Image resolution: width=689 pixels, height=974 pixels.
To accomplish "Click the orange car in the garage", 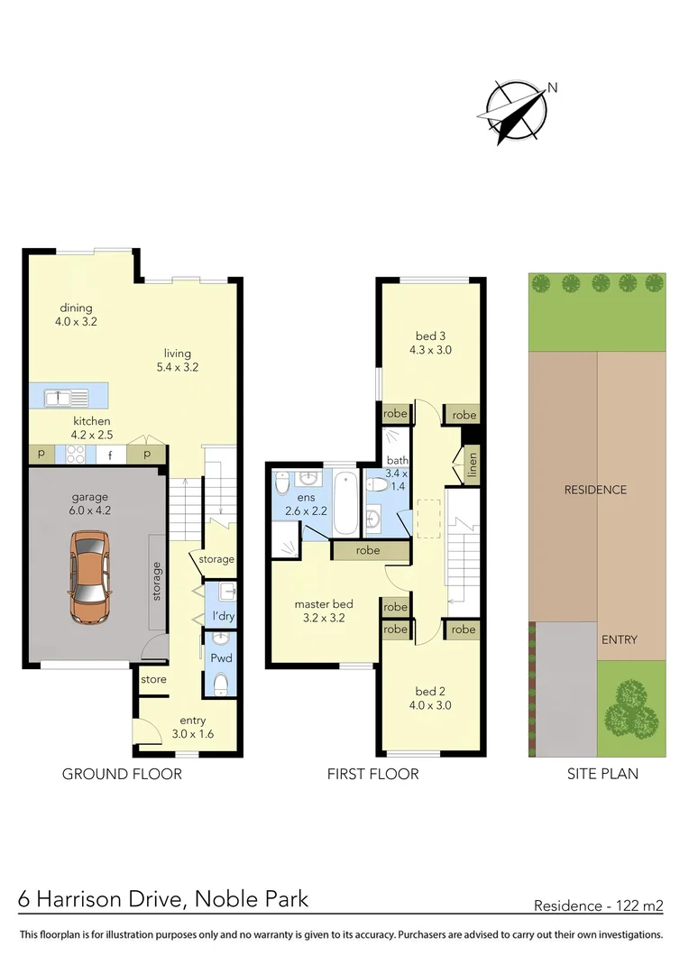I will pyautogui.click(x=89, y=577).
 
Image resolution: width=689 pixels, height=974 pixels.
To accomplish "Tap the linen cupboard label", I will pyautogui.click(x=472, y=466).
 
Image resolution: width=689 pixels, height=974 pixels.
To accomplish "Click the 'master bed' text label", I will pyautogui.click(x=324, y=604).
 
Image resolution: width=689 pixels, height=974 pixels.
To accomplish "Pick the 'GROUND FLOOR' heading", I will pyautogui.click(x=122, y=774).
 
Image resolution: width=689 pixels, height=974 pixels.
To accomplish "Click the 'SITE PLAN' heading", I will pyautogui.click(x=602, y=774).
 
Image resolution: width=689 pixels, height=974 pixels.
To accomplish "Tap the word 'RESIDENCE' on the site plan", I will pyautogui.click(x=595, y=490).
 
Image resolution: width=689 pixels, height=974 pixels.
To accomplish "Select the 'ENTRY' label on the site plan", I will pyautogui.click(x=619, y=639).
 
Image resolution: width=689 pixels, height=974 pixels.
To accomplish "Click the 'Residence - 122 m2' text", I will pyautogui.click(x=599, y=905).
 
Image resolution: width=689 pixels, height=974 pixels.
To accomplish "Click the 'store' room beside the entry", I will pyautogui.click(x=154, y=679).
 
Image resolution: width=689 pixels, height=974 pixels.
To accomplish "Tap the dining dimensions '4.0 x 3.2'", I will pyautogui.click(x=77, y=321).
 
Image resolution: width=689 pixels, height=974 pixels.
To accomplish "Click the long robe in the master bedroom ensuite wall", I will pyautogui.click(x=368, y=550).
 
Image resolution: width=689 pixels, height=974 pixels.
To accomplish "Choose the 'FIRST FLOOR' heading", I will pyautogui.click(x=373, y=774).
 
